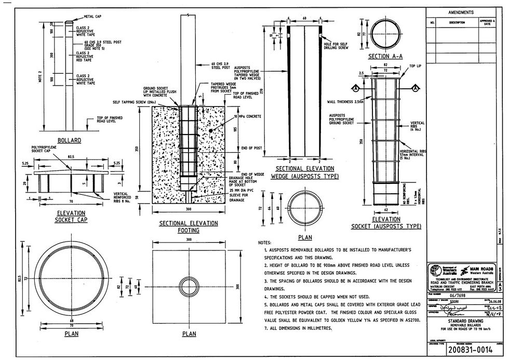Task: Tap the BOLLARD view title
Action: click(70, 140)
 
